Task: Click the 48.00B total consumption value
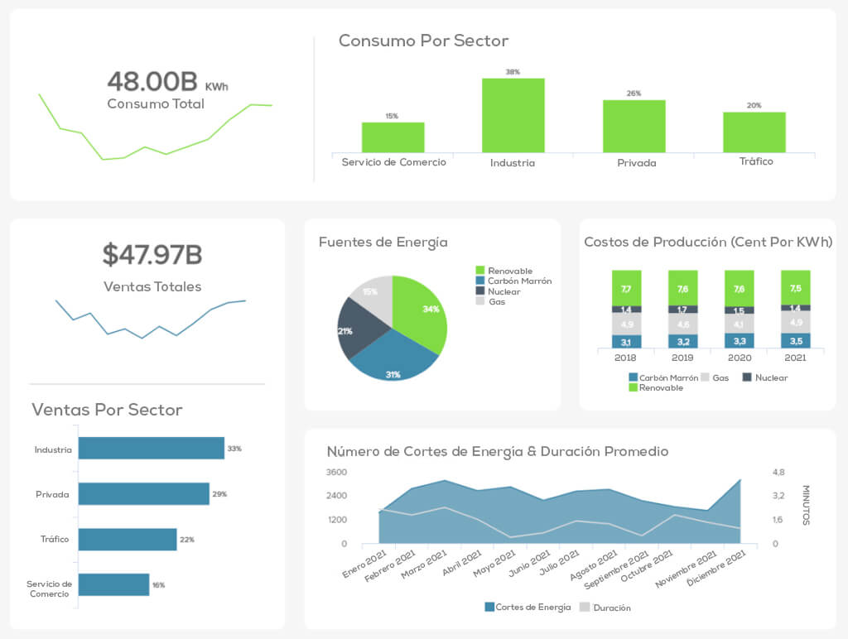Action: point(153,81)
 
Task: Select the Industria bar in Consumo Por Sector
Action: point(513,115)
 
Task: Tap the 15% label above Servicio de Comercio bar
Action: point(392,116)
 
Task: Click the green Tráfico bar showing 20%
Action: point(754,132)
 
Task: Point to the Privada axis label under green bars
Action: point(636,163)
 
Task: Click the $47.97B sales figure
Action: point(152,255)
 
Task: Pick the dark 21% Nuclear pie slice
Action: point(358,328)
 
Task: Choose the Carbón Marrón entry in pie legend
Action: point(518,281)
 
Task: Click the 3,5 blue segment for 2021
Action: point(795,341)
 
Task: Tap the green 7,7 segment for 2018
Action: point(626,288)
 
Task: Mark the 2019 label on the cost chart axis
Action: point(682,358)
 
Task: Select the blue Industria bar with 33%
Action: point(151,449)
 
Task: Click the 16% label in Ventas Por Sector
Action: point(158,585)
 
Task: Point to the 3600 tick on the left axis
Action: point(337,473)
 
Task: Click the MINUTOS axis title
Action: point(806,505)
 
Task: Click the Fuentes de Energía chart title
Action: point(383,243)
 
